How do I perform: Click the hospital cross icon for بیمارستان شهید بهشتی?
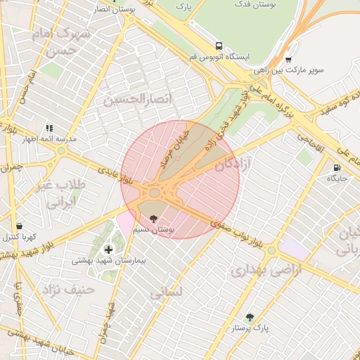pyautogui.click(x=108, y=250)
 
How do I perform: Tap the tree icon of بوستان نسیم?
pyautogui.click(x=155, y=219)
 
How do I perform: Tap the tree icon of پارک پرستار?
pyautogui.click(x=250, y=317)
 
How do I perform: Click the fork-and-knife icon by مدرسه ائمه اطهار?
pyautogui.click(x=49, y=128)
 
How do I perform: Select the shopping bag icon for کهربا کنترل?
pyautogui.click(x=19, y=226)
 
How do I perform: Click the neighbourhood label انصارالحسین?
pyautogui.click(x=138, y=100)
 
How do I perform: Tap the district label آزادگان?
pyautogui.click(x=234, y=166)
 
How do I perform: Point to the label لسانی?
pyautogui.click(x=166, y=292)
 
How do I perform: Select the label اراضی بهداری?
pyautogui.click(x=265, y=270)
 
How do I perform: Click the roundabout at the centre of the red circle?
pyautogui.click(x=155, y=192)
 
